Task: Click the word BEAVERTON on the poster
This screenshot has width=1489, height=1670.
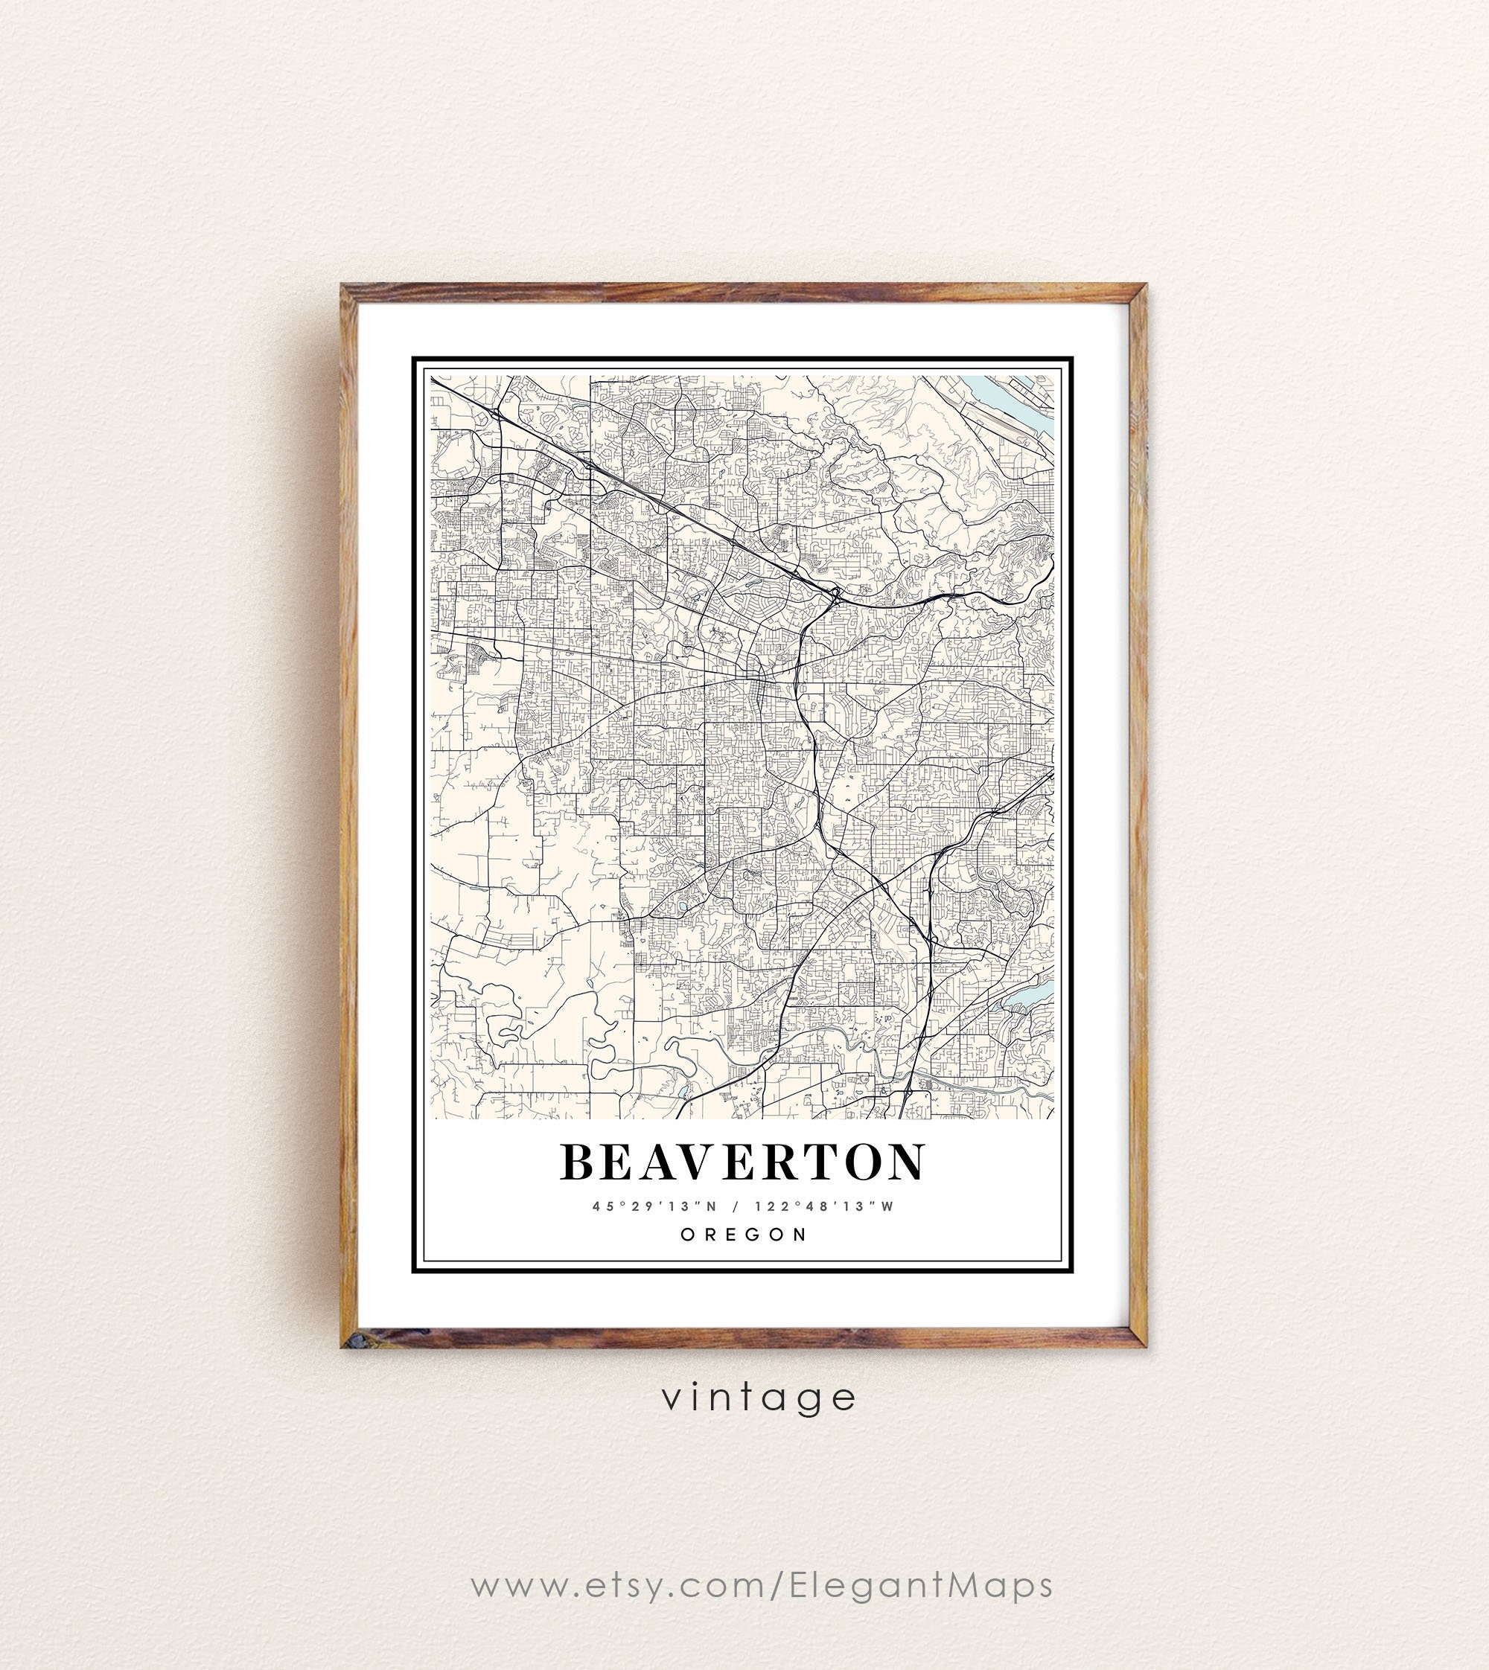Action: point(742,1162)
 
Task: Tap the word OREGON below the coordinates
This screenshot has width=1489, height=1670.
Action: point(744,1235)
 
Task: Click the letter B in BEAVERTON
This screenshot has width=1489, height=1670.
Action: point(578,1162)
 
